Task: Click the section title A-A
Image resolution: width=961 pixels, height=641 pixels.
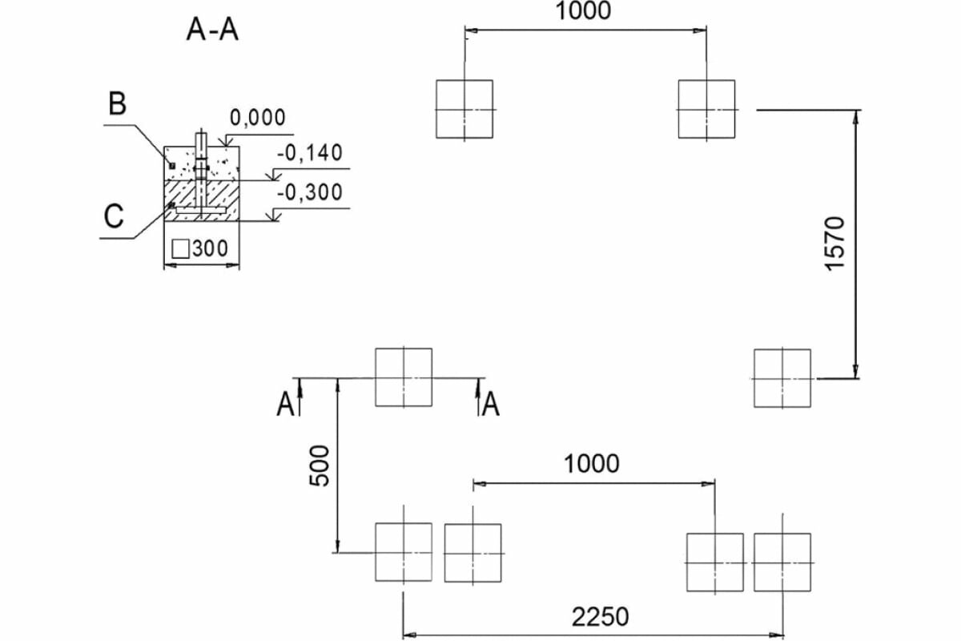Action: click(212, 30)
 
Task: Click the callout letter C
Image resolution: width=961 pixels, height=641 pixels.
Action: click(114, 216)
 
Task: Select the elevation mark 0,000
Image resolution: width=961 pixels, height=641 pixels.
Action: click(257, 118)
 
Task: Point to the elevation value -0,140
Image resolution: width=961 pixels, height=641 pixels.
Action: click(309, 153)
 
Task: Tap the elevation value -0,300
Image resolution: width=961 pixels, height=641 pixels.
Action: click(309, 192)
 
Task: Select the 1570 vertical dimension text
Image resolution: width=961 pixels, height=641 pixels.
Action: click(834, 243)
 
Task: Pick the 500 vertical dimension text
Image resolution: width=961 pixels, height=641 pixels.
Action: click(319, 466)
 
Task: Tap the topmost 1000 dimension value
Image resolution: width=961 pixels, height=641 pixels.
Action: click(583, 11)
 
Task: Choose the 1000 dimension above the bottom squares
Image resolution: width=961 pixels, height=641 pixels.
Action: click(591, 463)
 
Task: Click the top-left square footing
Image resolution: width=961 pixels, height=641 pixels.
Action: click(464, 109)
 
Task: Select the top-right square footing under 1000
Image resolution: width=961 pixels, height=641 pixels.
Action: click(706, 109)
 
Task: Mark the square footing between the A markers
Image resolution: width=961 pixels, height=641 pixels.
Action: click(404, 377)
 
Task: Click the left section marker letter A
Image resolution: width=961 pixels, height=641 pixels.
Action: click(284, 405)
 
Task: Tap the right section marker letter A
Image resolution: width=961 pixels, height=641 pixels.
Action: click(491, 405)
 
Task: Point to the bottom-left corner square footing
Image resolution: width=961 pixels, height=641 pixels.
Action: click(404, 552)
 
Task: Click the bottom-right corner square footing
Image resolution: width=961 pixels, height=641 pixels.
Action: click(782, 562)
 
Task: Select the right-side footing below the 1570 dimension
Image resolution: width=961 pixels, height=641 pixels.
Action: click(782, 377)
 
